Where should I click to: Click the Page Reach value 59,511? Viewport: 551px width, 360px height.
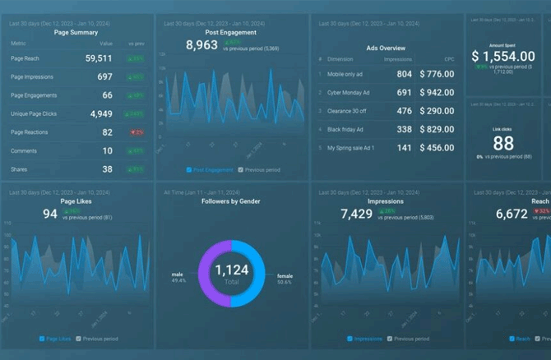[x=99, y=58]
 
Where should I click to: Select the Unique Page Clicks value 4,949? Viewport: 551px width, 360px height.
[x=101, y=113]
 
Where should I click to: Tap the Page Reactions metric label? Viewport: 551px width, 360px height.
[x=29, y=132]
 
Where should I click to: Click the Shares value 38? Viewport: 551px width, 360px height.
[x=107, y=169]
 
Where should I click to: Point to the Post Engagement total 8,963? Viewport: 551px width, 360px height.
[x=201, y=45]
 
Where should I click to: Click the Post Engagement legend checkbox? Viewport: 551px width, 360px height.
[x=189, y=170]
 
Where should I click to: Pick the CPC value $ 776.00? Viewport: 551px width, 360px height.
[x=436, y=74]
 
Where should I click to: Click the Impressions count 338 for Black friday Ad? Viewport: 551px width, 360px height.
[x=404, y=129]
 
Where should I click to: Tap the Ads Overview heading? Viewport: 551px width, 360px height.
[x=386, y=48]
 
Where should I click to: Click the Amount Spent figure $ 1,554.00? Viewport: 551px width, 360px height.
[x=503, y=56]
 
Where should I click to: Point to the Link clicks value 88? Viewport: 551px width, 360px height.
[x=503, y=143]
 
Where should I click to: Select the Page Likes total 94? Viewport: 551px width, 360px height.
[x=50, y=214]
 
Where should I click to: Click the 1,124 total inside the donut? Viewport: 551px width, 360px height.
[x=231, y=270]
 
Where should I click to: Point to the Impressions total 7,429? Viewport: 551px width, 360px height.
[x=358, y=214]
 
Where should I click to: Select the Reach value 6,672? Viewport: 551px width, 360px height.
[x=512, y=214]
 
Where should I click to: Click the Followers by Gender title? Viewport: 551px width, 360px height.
[x=231, y=201]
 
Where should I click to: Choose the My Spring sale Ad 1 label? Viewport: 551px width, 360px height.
[x=351, y=148]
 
